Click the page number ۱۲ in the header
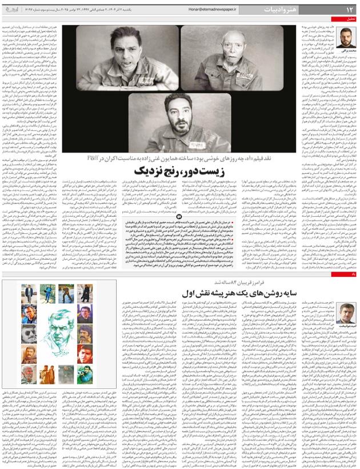[348, 10]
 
